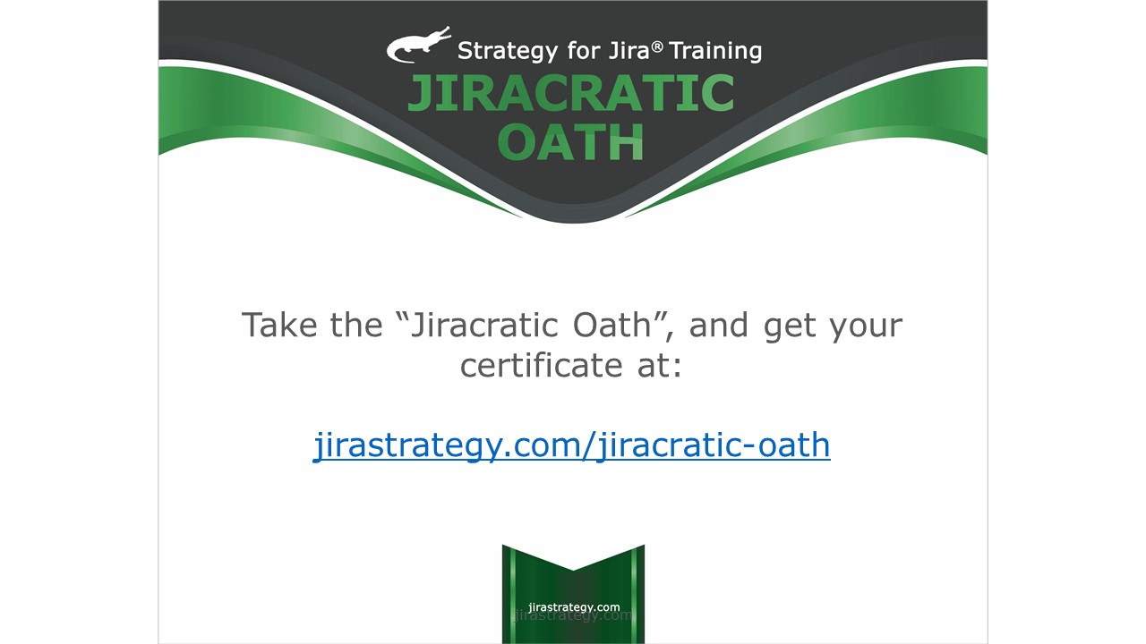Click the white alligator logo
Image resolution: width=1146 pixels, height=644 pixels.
point(418,45)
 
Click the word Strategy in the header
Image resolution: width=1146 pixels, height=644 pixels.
point(508,52)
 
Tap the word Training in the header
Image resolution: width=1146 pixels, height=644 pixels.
point(715,52)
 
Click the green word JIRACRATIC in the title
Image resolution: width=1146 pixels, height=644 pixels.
point(571,92)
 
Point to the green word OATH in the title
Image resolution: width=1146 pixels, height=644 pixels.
point(570,141)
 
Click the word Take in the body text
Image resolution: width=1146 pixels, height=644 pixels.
point(279,325)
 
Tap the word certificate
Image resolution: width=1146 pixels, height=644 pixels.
point(541,366)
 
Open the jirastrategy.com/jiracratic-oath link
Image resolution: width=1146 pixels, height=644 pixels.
point(571,445)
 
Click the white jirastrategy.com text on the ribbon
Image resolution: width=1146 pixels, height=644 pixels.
point(574,607)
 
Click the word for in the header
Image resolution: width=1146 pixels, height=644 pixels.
point(583,51)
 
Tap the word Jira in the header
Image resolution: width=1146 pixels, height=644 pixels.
point(629,51)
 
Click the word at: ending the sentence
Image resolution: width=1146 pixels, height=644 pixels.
point(660,366)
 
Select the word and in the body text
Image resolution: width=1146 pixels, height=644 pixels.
point(718,325)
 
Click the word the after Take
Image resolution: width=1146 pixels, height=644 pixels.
point(356,325)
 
